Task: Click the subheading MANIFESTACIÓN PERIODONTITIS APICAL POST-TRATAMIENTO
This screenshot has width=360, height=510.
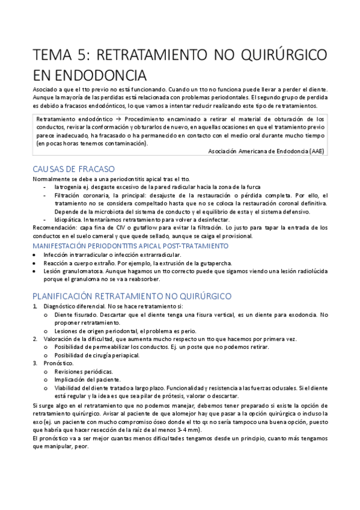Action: [130, 246]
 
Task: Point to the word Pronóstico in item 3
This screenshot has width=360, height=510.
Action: [58, 364]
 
